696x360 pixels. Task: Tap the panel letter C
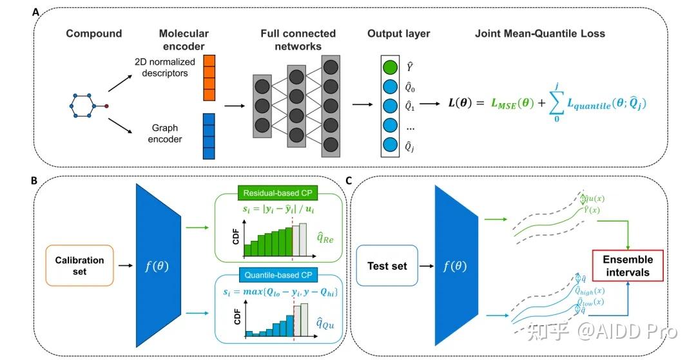click(x=349, y=181)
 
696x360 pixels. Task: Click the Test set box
click(x=387, y=266)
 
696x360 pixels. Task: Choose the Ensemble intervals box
click(x=628, y=265)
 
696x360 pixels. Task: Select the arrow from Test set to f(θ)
click(x=427, y=266)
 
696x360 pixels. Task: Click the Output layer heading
click(x=398, y=33)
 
